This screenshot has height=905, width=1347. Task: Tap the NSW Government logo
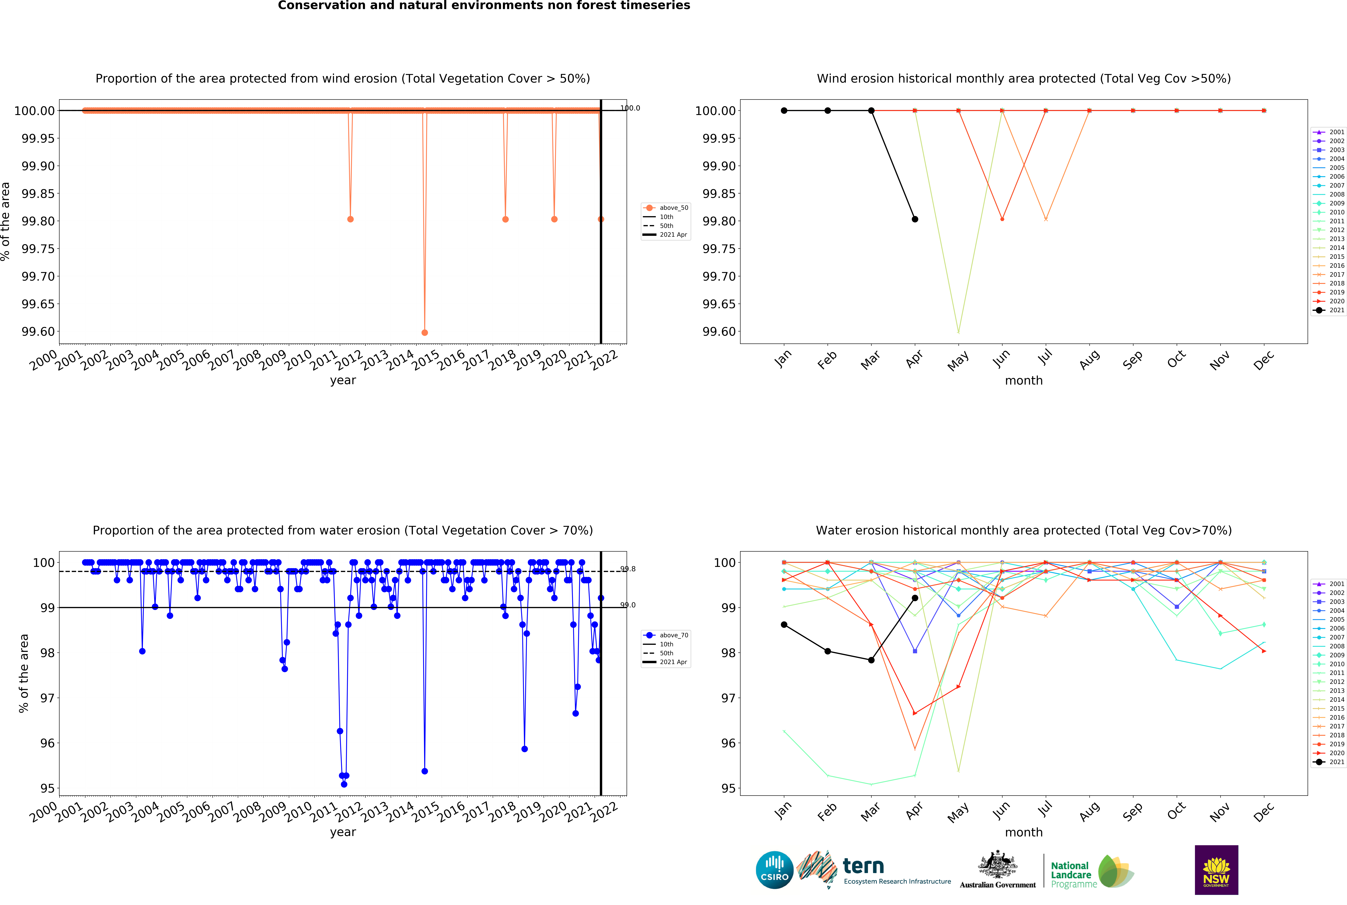(x=1216, y=870)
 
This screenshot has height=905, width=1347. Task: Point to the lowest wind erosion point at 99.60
(x=424, y=332)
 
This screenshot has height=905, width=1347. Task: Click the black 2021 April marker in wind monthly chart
(x=915, y=219)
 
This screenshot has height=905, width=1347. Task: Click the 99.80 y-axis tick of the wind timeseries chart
(x=38, y=221)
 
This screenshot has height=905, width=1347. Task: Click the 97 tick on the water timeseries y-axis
(x=47, y=698)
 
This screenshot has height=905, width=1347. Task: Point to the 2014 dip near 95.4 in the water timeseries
(x=424, y=771)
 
